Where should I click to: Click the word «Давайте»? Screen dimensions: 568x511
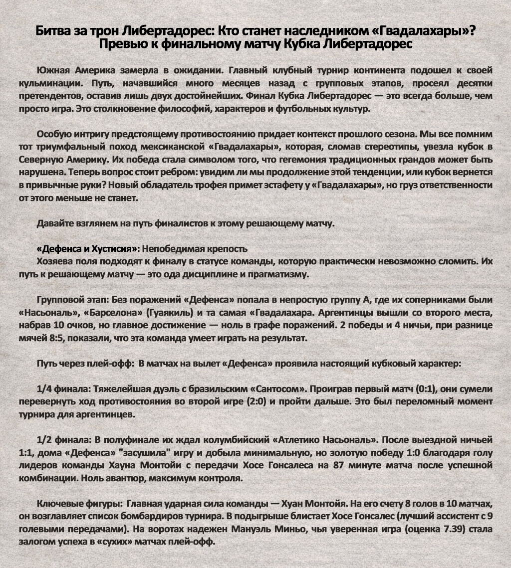pos(54,223)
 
